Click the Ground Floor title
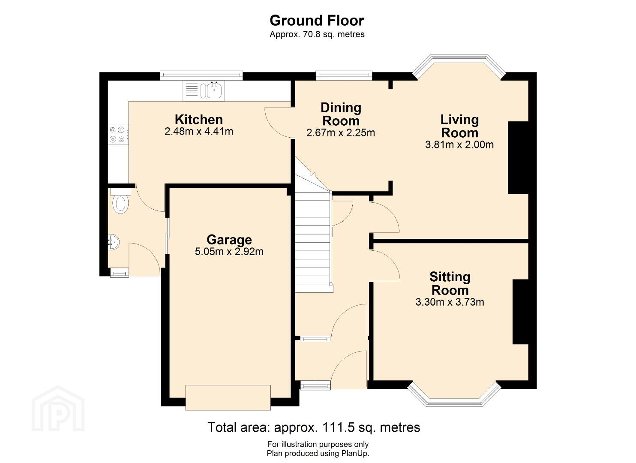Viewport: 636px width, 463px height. [317, 21]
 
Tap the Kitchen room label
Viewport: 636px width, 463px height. [199, 120]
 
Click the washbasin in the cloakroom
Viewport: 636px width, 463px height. [114, 242]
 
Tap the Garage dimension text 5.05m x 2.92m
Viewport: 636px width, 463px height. [229, 252]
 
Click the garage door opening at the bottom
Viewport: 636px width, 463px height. [228, 398]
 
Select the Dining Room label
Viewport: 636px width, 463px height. [341, 114]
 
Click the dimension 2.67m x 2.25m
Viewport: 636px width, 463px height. [341, 132]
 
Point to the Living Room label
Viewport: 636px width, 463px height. [460, 126]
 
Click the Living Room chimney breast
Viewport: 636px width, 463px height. [518, 158]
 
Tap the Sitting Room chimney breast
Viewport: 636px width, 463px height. [520, 312]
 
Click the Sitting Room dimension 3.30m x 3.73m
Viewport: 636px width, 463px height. [450, 302]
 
